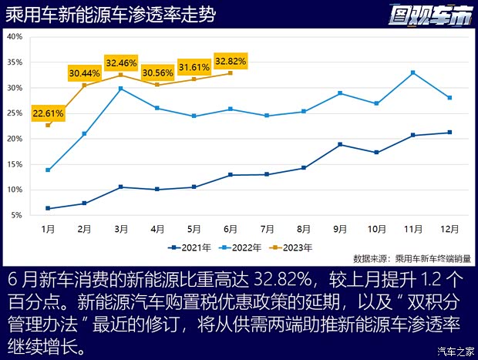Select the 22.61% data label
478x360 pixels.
tap(48, 113)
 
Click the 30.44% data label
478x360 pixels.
tap(85, 73)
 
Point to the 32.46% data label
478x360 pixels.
tap(121, 62)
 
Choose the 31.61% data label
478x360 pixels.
tap(194, 67)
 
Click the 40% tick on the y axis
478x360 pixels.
tap(14, 36)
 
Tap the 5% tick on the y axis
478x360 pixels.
tap(16, 215)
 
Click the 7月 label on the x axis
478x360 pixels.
tap(268, 229)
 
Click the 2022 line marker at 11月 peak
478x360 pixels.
tap(413, 72)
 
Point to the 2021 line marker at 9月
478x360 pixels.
tap(340, 145)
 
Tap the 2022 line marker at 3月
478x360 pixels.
tap(121, 89)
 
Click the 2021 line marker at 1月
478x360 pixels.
tap(48, 208)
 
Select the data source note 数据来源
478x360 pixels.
tap(415, 259)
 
